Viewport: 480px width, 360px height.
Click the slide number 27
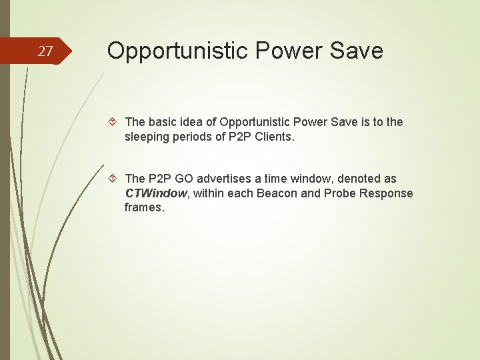click(45, 51)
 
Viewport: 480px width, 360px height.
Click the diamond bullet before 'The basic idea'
click(113, 122)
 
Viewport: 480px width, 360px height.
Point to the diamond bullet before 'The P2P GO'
click(113, 179)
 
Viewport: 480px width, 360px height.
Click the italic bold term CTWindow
click(155, 193)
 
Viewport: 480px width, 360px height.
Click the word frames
click(143, 208)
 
